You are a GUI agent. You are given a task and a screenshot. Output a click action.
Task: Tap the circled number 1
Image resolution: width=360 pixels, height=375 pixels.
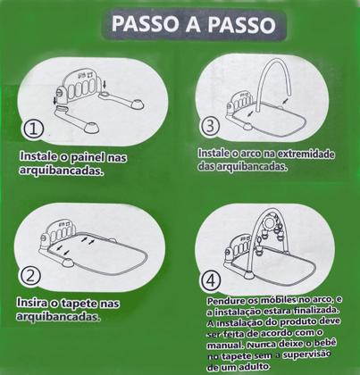point(35,129)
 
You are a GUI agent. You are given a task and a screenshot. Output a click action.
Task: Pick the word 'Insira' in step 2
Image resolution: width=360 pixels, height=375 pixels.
point(35,304)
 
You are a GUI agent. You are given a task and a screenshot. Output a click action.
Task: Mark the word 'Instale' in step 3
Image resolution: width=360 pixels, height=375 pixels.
point(214,154)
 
